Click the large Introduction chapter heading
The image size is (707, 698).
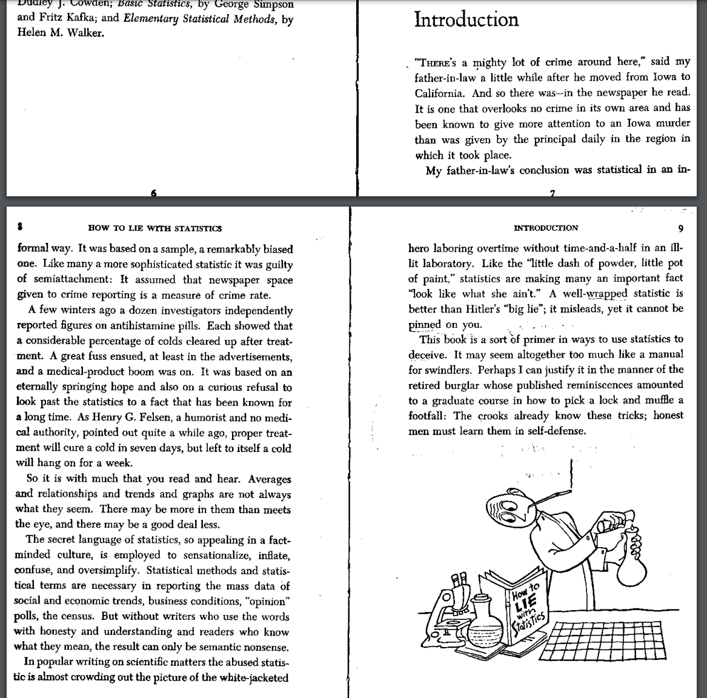(x=466, y=19)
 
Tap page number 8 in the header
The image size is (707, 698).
(x=20, y=228)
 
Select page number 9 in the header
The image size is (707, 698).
(x=681, y=228)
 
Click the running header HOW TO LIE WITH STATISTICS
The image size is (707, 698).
(x=154, y=228)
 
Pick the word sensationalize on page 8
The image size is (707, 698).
(x=205, y=555)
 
